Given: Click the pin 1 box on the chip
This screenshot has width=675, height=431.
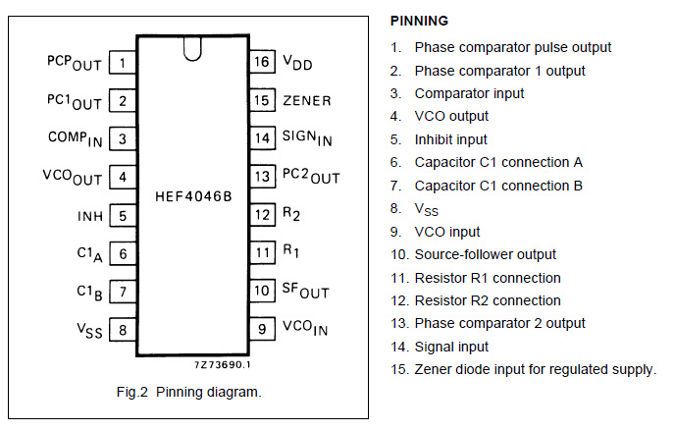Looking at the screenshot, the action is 123,63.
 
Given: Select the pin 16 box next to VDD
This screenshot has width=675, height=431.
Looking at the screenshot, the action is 262,62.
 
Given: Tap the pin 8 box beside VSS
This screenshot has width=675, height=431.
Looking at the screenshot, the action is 123,330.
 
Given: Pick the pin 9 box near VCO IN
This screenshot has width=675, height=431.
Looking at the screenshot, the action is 262,329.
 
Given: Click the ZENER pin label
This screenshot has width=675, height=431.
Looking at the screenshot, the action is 307,101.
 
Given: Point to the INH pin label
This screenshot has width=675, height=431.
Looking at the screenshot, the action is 90,216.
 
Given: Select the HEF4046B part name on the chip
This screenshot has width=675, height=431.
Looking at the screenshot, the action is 193,196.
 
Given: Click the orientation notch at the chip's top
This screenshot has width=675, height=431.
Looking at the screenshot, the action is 192,49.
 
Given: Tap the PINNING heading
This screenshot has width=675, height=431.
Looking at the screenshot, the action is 419,21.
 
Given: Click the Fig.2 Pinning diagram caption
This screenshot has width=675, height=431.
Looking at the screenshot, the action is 189,392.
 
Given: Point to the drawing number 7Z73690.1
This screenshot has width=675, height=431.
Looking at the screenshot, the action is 222,364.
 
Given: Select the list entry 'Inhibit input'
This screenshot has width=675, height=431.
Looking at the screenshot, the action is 450,139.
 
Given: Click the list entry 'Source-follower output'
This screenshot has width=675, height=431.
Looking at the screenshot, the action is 485,254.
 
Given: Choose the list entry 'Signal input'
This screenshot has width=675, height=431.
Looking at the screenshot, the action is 451,347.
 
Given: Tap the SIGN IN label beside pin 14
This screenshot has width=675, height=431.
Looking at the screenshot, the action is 307,137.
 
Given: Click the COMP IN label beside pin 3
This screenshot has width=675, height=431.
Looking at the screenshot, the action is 76,138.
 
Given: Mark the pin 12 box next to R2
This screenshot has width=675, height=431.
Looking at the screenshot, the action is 262,214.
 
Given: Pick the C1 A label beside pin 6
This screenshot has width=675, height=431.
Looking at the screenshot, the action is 89,254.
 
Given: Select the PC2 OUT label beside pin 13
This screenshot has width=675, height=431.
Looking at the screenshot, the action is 311,176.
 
